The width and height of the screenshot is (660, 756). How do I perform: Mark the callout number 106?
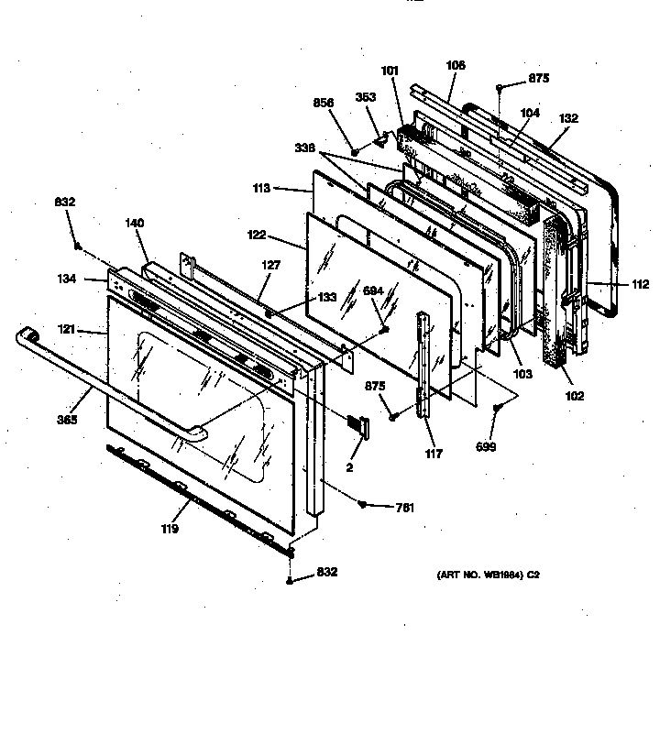[x=455, y=65]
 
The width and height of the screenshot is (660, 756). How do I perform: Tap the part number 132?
[x=569, y=119]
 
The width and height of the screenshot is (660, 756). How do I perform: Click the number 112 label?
[x=639, y=285]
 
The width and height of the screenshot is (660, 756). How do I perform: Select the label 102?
[x=575, y=397]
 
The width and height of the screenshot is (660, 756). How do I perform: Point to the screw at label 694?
[x=387, y=329]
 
